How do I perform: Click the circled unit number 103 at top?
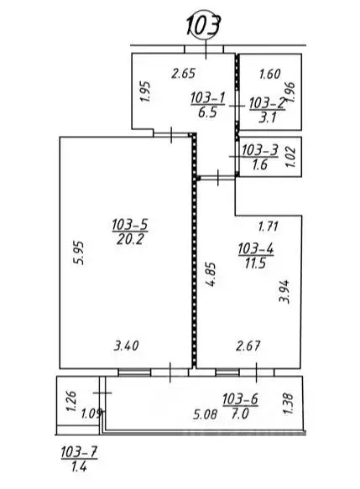point(205,25)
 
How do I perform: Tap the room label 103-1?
point(207,98)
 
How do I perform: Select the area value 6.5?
point(207,112)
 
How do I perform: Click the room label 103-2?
point(268,103)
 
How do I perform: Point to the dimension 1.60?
point(270,74)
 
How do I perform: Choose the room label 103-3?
point(259,150)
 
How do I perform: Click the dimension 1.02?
point(290,156)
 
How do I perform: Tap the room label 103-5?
point(130,225)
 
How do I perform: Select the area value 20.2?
point(130,240)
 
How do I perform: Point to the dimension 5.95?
point(78,253)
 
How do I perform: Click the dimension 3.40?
point(126,346)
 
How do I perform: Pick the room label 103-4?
point(256,249)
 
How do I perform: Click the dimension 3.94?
point(284,292)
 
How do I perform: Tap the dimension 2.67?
point(248,346)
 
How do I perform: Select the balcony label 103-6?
point(240,399)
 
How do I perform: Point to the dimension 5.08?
point(205,415)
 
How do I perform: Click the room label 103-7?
point(79,452)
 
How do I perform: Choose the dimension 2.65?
point(184,74)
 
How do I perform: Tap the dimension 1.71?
point(269,226)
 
